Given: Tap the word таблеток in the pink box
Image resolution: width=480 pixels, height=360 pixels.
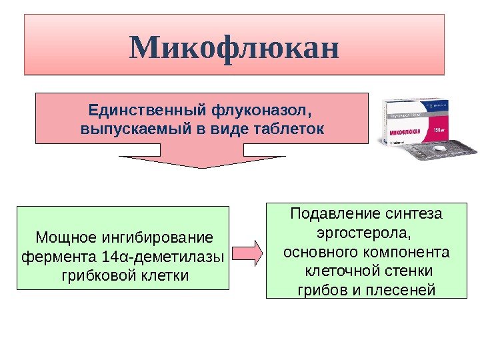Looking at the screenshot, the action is pyautogui.click(x=290, y=129).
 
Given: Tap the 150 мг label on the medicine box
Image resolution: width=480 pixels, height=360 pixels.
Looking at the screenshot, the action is pyautogui.click(x=441, y=128).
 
